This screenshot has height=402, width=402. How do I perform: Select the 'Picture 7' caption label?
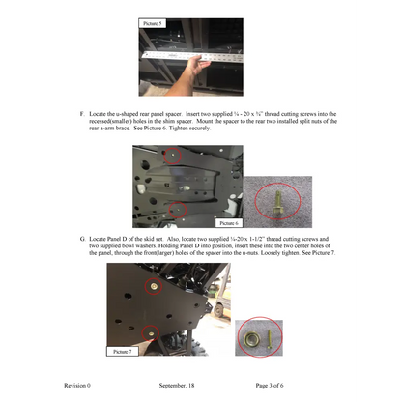(x=122, y=353)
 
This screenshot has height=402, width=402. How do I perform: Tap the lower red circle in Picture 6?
(x=176, y=209)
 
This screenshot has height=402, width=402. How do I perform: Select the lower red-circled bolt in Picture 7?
(x=148, y=333)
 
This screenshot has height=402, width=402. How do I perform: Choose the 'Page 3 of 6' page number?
(x=275, y=385)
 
